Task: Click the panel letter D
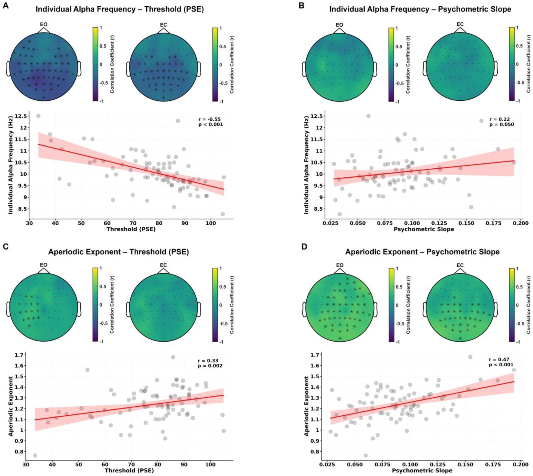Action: click(304, 247)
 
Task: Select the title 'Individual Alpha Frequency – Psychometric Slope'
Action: click(420, 9)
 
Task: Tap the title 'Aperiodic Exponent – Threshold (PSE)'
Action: click(118, 252)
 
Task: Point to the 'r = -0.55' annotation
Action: click(209, 119)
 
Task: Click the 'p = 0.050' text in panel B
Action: click(501, 124)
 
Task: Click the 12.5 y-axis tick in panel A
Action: click(21, 116)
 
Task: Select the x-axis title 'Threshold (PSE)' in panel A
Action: click(131, 229)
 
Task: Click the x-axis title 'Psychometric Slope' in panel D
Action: click(422, 471)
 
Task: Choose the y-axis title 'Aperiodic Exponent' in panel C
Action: click(11, 406)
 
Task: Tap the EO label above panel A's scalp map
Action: click(44, 24)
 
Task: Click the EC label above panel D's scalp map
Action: click(460, 265)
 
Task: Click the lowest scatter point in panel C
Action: click(35, 455)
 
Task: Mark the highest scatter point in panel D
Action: click(470, 357)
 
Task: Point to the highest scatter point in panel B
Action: click(368, 116)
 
